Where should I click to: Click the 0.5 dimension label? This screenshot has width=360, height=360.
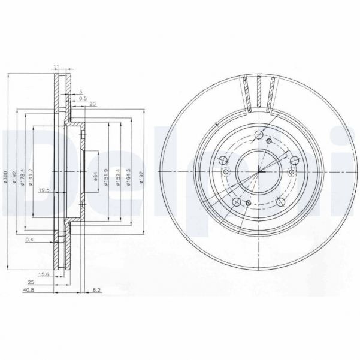tap(83, 98)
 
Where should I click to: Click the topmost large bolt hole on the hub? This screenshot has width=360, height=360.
tap(258, 134)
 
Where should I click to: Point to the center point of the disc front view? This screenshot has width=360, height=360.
tap(258, 172)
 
